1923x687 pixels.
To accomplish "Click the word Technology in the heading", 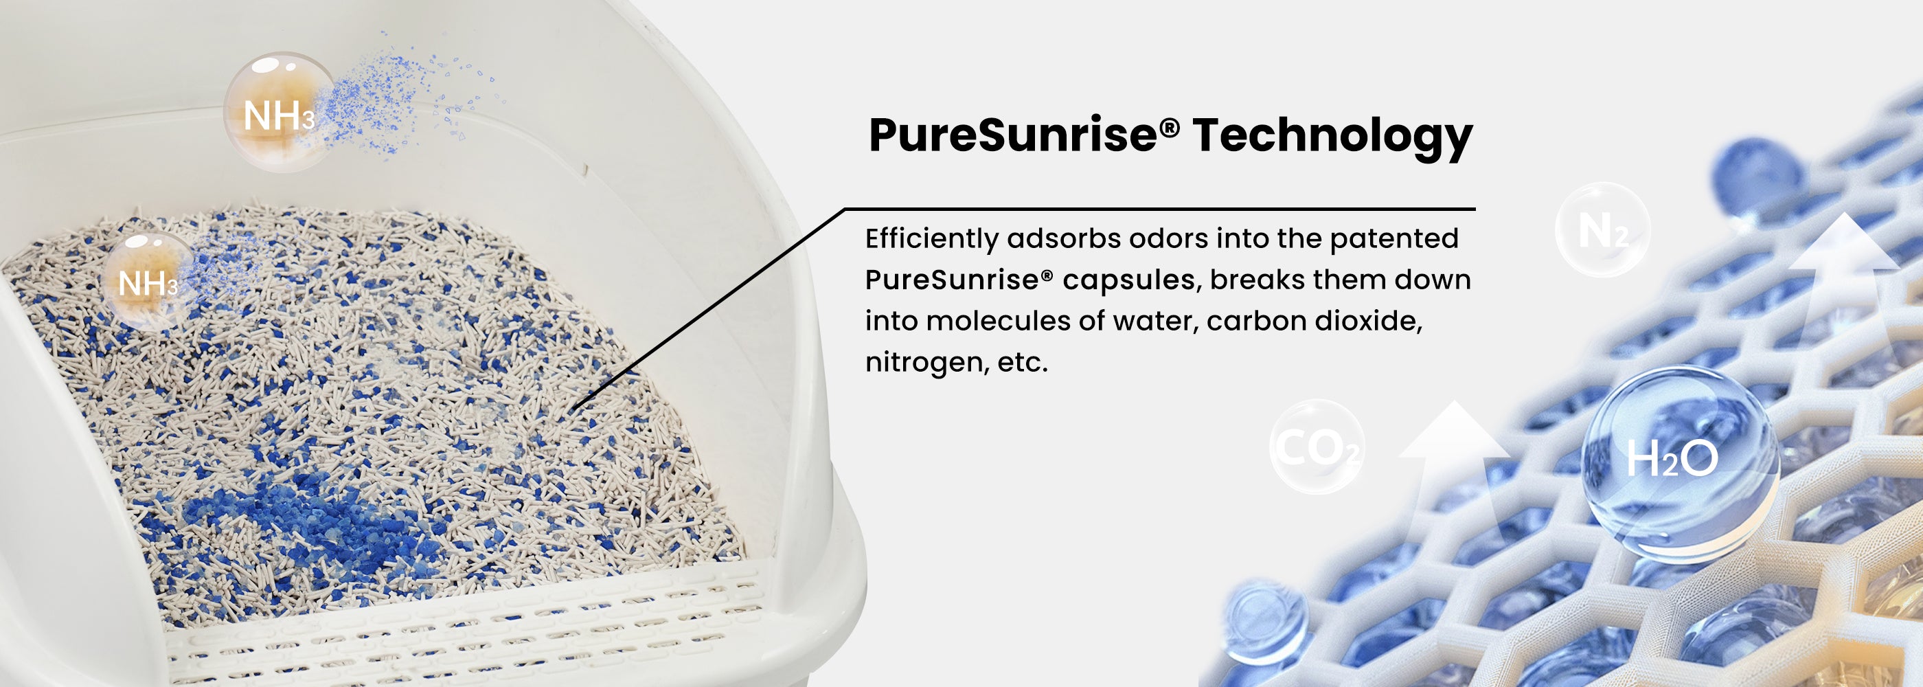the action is pos(1332,136).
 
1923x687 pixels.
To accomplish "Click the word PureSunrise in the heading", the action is pos(1014,135).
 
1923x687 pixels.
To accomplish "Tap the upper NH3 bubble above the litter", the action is pos(281,112).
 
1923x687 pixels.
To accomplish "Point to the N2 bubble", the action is pos(1603,230).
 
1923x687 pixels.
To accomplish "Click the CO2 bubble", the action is pos(1317,447).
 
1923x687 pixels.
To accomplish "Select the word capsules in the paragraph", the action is pos(1128,281).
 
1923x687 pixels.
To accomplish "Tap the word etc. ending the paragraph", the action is pos(1023,363).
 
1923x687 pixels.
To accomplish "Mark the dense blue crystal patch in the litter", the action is pos(314,515).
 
